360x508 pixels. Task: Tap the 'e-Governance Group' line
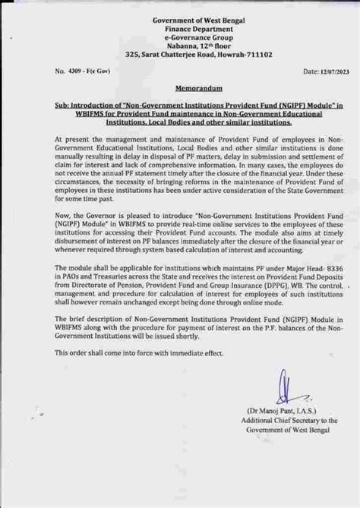180,36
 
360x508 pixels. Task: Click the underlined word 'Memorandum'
180,87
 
